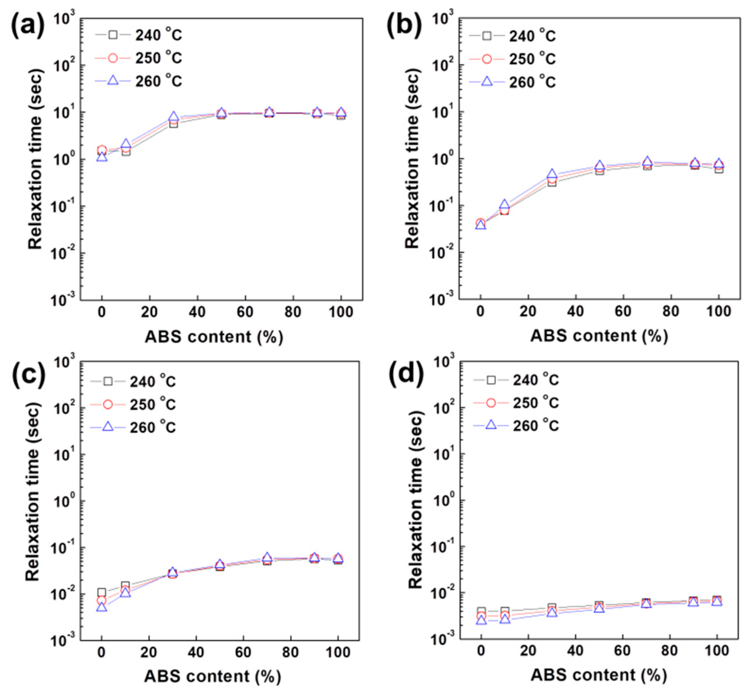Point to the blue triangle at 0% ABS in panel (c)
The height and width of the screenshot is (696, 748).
[x=101, y=607]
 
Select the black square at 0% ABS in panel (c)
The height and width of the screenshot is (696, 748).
[x=101, y=592]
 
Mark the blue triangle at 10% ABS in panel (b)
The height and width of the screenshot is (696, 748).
[x=504, y=205]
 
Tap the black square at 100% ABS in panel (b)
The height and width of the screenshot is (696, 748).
[x=719, y=169]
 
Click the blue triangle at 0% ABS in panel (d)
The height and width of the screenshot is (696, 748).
[x=481, y=620]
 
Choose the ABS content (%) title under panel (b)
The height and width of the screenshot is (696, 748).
[x=599, y=335]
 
